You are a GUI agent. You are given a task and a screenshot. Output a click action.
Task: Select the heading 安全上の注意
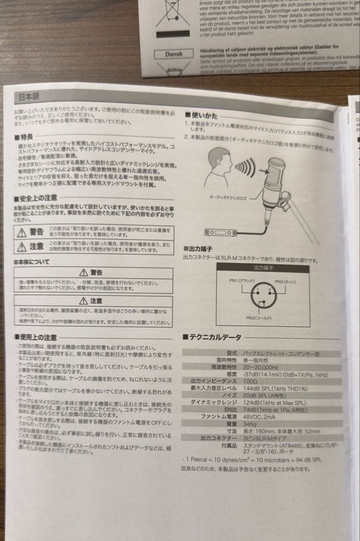[36, 198]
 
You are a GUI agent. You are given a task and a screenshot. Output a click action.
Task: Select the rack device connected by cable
[220, 232]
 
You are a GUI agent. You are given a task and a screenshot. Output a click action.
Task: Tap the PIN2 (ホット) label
[287, 282]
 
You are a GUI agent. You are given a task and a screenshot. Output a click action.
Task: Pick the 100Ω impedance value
[250, 381]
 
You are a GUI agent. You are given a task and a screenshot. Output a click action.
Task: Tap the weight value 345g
[250, 423]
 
